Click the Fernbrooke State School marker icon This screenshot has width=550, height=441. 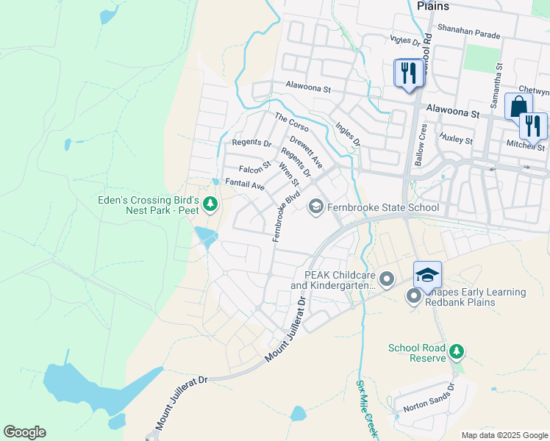[316, 207]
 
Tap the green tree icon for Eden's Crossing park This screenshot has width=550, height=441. [211, 203]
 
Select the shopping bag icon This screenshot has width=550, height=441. [518, 107]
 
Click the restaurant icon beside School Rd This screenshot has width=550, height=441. [408, 73]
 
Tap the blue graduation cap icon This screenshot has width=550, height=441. [426, 275]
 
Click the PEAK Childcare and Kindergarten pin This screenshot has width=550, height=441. [387, 279]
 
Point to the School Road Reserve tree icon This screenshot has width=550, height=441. [457, 352]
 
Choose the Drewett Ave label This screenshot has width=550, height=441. [306, 150]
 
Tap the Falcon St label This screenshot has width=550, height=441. [255, 168]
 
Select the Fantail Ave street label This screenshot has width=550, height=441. [244, 186]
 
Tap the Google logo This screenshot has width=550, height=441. [24, 432]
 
